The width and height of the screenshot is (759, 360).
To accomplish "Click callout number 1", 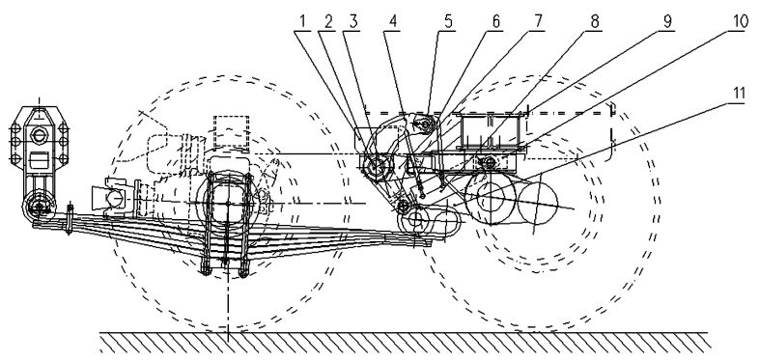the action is pyautogui.click(x=302, y=22).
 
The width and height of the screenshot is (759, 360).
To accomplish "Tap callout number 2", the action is pyautogui.click(x=328, y=22).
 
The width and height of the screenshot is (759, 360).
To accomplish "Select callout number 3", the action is pyautogui.click(x=353, y=22).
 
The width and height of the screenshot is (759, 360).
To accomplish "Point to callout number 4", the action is pyautogui.click(x=393, y=22).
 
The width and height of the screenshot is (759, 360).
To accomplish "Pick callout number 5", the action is pyautogui.click(x=449, y=22).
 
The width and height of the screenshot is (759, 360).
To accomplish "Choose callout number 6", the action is pyautogui.click(x=495, y=22).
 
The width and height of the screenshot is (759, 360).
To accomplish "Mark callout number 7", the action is pyautogui.click(x=538, y=22).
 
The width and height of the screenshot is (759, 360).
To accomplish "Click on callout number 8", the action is pyautogui.click(x=595, y=22).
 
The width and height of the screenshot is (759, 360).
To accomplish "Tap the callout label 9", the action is pyautogui.click(x=667, y=22).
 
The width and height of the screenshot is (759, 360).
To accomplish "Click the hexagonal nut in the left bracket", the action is pyautogui.click(x=39, y=133).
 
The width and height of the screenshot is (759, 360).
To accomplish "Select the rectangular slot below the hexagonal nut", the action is pyautogui.click(x=40, y=160).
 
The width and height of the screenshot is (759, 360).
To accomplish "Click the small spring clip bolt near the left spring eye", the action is pyautogui.click(x=70, y=219).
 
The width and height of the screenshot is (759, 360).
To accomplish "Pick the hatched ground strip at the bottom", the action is pyautogui.click(x=406, y=343).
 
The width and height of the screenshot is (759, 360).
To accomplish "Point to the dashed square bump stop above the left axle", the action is pyautogui.click(x=231, y=131).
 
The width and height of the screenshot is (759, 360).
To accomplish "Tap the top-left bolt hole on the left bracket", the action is pyautogui.click(x=15, y=129).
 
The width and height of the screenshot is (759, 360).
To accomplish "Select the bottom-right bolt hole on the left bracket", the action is pyautogui.click(x=63, y=158).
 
